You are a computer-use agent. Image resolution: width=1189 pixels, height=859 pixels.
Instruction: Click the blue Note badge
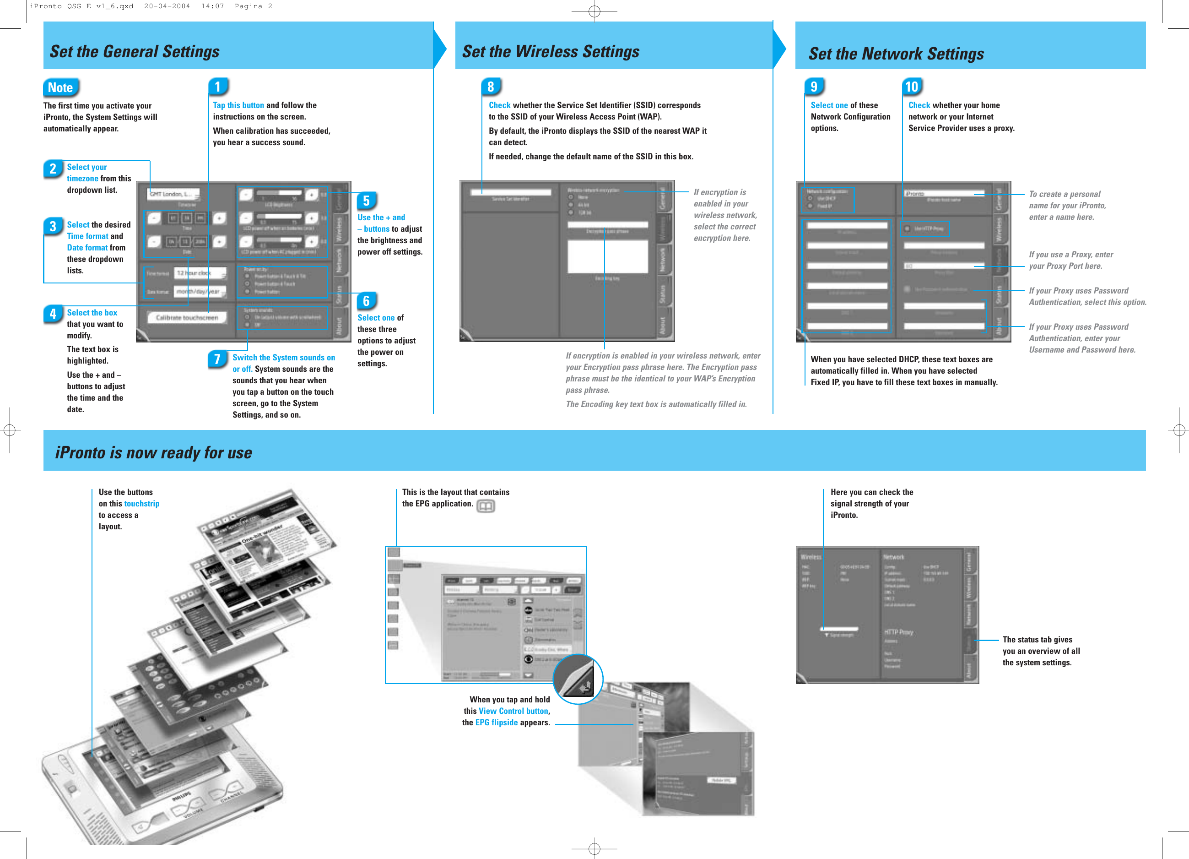(60, 87)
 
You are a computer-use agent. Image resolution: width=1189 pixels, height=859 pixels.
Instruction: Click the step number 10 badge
(912, 87)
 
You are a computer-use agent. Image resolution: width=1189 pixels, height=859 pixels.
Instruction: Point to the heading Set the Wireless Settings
(551, 51)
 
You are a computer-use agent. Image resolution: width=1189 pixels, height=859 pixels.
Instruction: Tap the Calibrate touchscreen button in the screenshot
(187, 317)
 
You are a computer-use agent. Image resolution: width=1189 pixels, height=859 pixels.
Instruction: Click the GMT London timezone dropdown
(173, 194)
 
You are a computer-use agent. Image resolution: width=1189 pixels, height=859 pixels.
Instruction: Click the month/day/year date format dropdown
(200, 292)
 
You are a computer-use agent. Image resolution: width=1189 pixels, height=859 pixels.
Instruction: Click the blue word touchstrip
(141, 503)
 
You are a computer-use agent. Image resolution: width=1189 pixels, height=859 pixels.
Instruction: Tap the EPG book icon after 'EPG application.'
(486, 506)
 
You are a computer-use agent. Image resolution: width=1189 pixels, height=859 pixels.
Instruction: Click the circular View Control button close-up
(578, 679)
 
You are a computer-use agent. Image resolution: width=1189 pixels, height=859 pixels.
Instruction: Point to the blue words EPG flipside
(496, 723)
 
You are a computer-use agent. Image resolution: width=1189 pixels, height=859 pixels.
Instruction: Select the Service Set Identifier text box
(510, 192)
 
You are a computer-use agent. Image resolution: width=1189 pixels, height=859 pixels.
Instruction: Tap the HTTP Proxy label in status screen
(898, 632)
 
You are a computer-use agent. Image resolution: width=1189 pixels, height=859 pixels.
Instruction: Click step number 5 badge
(367, 201)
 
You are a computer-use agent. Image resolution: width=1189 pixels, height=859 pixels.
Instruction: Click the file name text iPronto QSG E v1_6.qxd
(81, 6)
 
